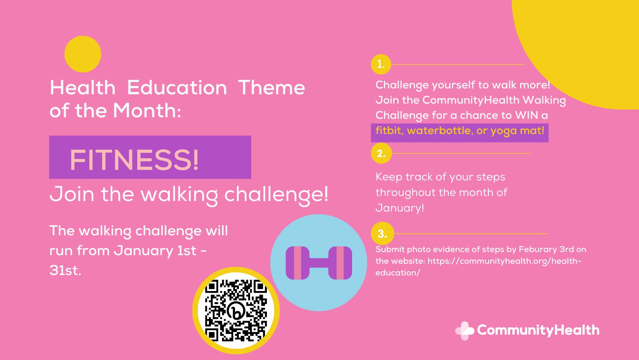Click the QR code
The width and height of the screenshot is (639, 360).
pos(236,311)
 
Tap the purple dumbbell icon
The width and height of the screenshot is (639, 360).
pos(319,263)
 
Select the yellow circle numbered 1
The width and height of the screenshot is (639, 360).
pos(381,64)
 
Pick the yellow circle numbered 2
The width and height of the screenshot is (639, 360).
pos(381,154)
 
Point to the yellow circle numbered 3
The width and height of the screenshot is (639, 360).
pos(382,233)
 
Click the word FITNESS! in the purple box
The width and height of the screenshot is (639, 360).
pos(134,160)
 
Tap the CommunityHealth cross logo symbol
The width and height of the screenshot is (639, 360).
pos(464,331)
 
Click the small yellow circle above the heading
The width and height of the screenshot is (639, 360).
pos(83,54)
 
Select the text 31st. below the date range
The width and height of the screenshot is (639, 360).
pos(65,270)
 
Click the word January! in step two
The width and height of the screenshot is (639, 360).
pos(400,208)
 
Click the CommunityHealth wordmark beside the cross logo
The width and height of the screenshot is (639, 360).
pos(538,330)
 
